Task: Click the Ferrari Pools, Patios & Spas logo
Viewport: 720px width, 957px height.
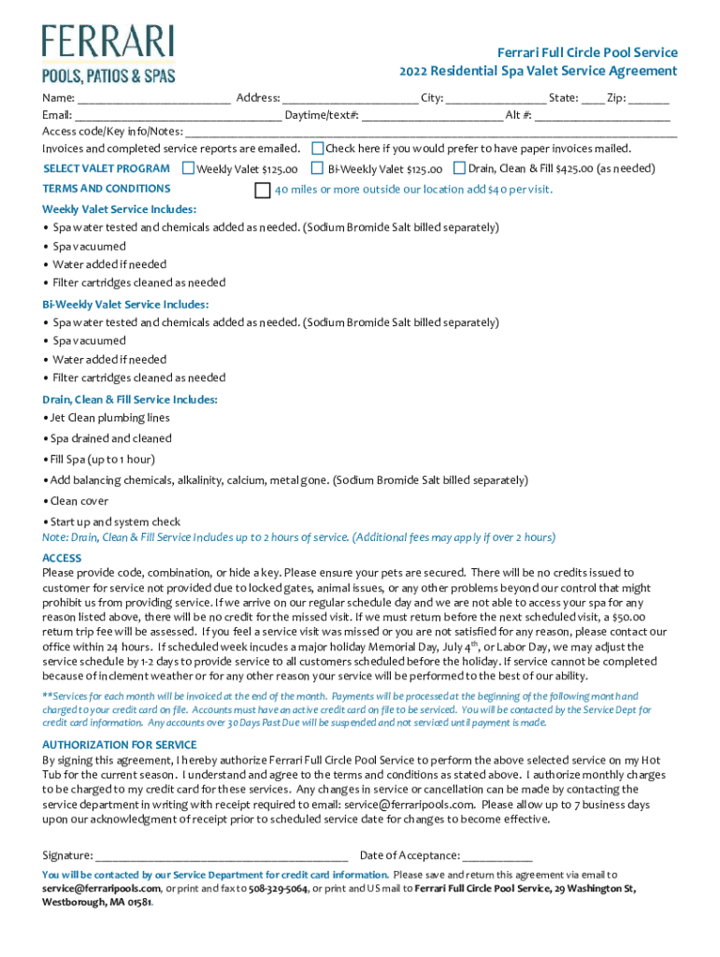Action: coord(108,53)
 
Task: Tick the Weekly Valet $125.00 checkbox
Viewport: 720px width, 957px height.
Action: coord(188,169)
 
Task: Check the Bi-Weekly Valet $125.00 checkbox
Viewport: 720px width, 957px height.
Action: coord(318,169)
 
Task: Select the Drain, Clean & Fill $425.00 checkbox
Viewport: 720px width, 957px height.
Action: coord(459,168)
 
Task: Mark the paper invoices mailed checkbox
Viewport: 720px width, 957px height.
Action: coord(317,149)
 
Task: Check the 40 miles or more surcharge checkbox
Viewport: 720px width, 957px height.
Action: coord(263,190)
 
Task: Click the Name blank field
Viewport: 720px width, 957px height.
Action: coord(154,98)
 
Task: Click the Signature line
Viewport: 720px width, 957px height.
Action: coord(222,856)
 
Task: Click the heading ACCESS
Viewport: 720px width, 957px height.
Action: coord(62,558)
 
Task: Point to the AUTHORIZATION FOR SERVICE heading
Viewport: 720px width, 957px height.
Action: coord(120,745)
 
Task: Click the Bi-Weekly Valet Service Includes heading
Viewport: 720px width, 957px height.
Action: coord(125,305)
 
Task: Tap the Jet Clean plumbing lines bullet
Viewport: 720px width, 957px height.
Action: coord(109,418)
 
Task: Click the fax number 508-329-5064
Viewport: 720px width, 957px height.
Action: coord(278,889)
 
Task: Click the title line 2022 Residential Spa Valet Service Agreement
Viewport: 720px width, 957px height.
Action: coord(538,71)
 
